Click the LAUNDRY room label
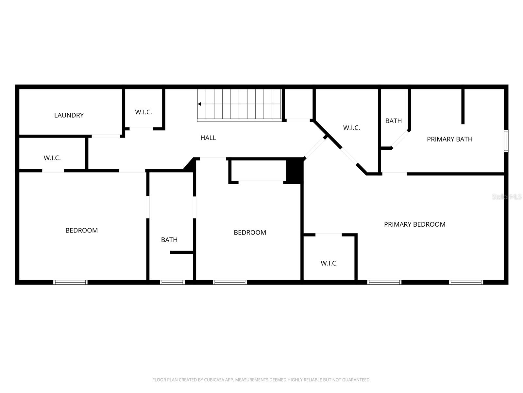[x=69, y=115]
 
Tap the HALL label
[x=208, y=138]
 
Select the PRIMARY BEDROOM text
[x=414, y=224]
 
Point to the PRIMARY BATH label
[x=449, y=139]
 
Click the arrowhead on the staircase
[x=199, y=104]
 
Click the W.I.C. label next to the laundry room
[x=143, y=112]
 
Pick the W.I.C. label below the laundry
[x=52, y=158]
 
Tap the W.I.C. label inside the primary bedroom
[x=329, y=263]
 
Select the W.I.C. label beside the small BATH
[x=351, y=128]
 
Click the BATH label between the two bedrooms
[x=169, y=240]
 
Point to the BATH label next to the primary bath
[x=394, y=121]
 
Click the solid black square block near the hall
[x=294, y=170]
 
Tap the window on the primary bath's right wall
[x=506, y=141]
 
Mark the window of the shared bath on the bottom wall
[x=172, y=282]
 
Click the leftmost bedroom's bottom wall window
[x=70, y=282]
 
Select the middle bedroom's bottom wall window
[x=230, y=282]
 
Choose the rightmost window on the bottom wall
[x=466, y=282]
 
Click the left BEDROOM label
[x=81, y=231]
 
